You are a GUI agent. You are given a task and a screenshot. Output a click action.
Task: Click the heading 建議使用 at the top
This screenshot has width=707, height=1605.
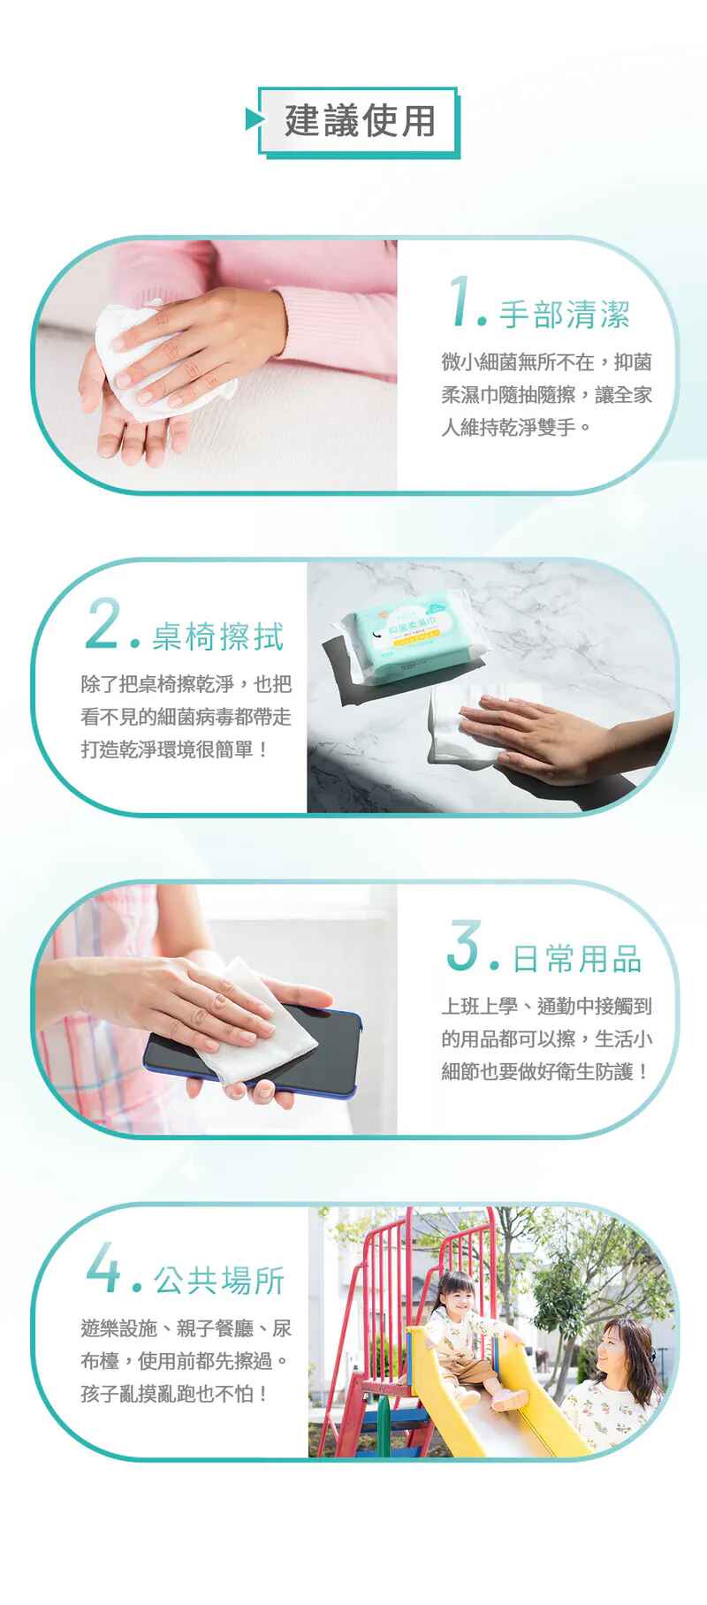[360, 121]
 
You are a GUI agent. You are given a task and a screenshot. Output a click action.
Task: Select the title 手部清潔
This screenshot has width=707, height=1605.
[565, 314]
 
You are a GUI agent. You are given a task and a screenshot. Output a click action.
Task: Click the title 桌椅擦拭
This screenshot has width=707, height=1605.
[217, 635]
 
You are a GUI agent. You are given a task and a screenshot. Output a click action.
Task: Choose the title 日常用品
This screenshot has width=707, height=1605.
[577, 958]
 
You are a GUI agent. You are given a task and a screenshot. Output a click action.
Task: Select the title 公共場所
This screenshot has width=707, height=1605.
[218, 1280]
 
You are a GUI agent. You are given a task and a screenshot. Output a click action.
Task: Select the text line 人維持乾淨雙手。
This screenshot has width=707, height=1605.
[516, 427]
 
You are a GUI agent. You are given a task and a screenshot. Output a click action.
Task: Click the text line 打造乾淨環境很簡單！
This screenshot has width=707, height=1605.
[174, 749]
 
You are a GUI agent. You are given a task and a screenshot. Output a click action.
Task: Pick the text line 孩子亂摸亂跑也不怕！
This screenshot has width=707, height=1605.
[174, 1394]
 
